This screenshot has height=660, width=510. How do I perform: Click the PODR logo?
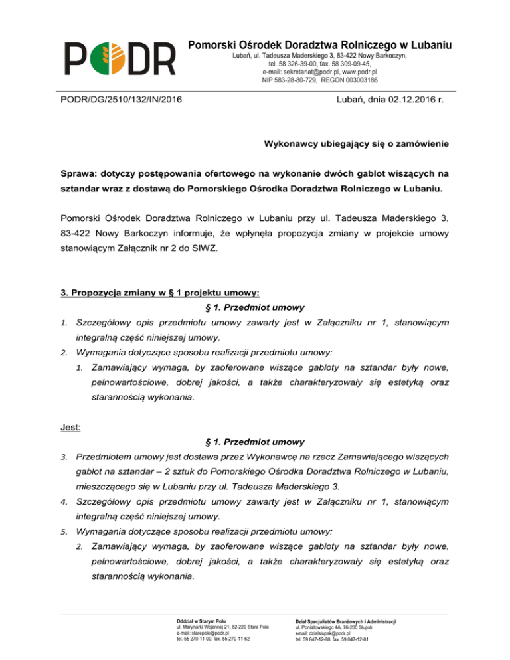[120, 58]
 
